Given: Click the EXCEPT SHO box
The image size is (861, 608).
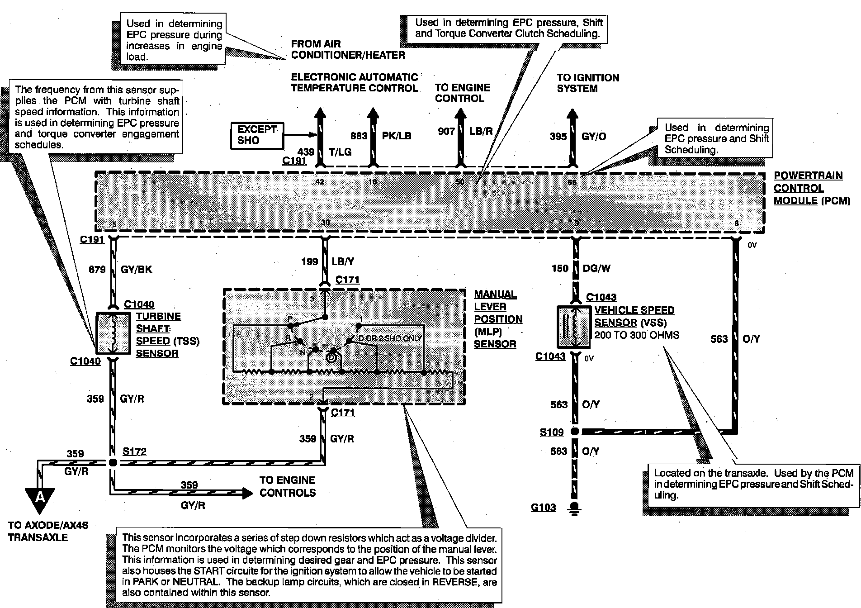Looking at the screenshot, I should point(257,135).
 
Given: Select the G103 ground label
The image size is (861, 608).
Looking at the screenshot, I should point(543,507).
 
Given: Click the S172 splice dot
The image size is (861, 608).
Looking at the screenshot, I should point(113,462).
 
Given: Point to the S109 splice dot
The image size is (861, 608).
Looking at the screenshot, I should point(575,432).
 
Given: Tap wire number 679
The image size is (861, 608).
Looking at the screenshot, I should point(97,270).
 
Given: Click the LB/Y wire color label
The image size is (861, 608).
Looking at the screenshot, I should point(343,261).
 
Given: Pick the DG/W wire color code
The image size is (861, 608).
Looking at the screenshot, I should point(596,268).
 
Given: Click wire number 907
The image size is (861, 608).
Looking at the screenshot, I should point(446,131).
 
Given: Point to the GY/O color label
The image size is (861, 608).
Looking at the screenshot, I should point(593,136).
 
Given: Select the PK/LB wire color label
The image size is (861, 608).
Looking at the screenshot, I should point(397,136).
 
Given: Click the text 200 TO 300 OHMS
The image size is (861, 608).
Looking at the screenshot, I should point(637,335).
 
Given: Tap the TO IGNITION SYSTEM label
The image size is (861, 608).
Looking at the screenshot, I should point(587,83).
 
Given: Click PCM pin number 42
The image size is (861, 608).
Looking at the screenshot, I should point(320,182).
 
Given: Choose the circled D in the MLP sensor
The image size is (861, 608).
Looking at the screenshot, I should point(331,357).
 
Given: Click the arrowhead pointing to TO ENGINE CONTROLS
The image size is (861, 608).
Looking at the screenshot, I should point(247,493).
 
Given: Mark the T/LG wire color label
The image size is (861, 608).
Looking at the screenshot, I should point(339,152).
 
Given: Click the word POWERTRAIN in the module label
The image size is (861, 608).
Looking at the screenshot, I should point(808,176).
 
